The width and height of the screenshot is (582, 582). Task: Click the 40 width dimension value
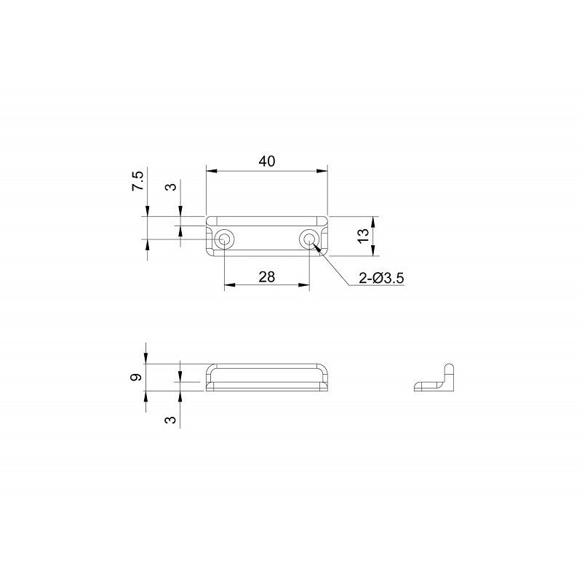(266, 162)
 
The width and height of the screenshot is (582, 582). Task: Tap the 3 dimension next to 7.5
(172, 187)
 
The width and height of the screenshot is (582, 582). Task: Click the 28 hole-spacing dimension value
(266, 276)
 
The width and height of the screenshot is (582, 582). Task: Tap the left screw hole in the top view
(225, 239)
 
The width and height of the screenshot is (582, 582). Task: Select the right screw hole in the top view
(309, 239)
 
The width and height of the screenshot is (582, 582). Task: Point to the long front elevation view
(266, 378)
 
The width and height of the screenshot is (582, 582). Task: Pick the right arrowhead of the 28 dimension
(305, 284)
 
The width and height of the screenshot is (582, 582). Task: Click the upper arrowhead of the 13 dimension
(373, 220)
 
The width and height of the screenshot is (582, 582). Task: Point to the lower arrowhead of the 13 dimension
(373, 252)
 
